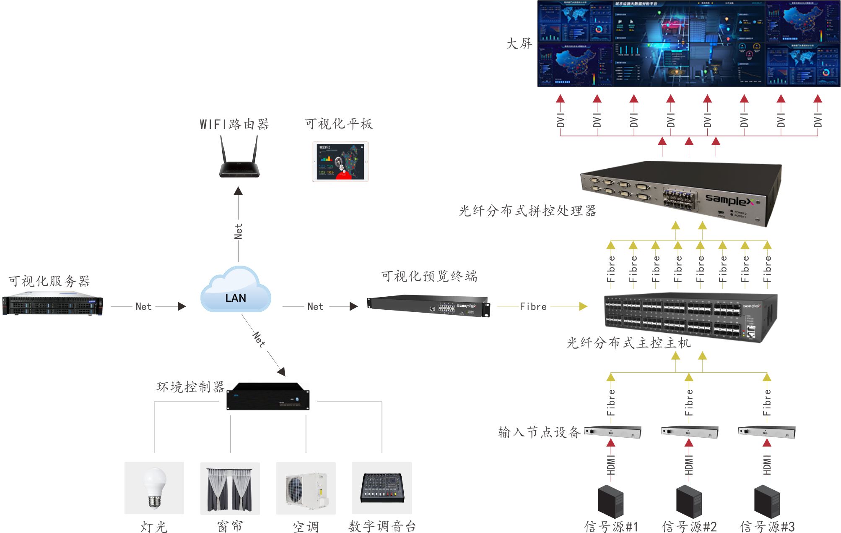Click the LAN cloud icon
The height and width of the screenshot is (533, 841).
[x=236, y=290]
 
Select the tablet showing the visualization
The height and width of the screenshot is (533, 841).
[x=340, y=162]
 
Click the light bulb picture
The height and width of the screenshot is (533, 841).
[x=154, y=488]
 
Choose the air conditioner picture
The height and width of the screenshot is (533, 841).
[x=306, y=489]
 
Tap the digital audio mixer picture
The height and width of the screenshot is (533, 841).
[x=382, y=488]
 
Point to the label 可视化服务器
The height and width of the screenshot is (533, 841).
[x=49, y=281]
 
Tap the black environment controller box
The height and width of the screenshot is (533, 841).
[x=268, y=396]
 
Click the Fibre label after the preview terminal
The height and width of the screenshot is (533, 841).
[x=533, y=307]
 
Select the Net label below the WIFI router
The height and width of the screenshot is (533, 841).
[x=239, y=231]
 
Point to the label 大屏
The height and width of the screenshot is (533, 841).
[x=519, y=44]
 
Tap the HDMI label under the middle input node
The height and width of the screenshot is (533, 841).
[x=689, y=465]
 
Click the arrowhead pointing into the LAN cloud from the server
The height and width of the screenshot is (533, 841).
[x=182, y=306]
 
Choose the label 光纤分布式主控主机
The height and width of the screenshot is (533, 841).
[x=628, y=343]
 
